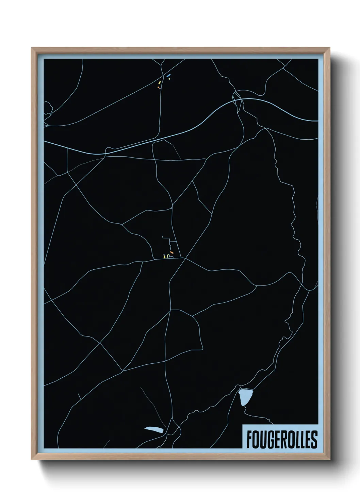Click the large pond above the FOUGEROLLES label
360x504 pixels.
point(246,397)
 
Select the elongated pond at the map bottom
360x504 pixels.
point(154,429)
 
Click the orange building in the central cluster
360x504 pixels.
point(172,252)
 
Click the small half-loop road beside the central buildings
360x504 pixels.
point(171,257)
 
